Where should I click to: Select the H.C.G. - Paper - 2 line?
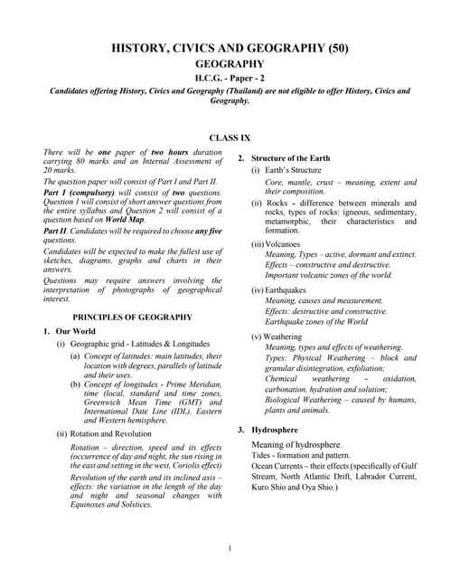tap(230, 79)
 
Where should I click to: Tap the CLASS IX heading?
tap(230, 138)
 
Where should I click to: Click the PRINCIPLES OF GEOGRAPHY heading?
tap(132, 318)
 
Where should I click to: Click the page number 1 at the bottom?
tap(230, 547)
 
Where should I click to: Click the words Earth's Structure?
tap(293, 170)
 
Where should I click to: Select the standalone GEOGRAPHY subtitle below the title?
tap(230, 64)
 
